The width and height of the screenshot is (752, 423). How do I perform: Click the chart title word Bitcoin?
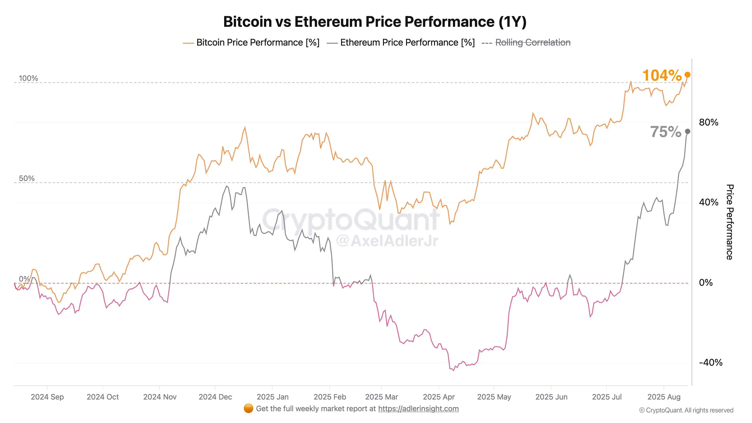click(248, 22)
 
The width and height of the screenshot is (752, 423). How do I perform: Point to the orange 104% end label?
click(662, 75)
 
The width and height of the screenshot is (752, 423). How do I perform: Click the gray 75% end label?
click(665, 132)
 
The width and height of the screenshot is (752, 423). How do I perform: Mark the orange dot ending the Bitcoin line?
click(688, 75)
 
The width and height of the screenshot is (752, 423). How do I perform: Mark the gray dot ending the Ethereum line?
click(688, 131)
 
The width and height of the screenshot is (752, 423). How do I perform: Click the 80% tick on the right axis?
click(709, 122)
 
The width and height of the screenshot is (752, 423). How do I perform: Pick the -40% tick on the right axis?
click(711, 363)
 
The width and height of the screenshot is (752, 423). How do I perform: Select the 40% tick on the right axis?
click(709, 202)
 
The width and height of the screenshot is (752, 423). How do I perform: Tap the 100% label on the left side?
click(28, 78)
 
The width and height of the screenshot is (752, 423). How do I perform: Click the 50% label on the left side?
click(27, 178)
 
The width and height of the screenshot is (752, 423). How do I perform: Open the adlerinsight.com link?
click(418, 409)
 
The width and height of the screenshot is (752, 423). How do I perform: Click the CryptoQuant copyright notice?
click(686, 410)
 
